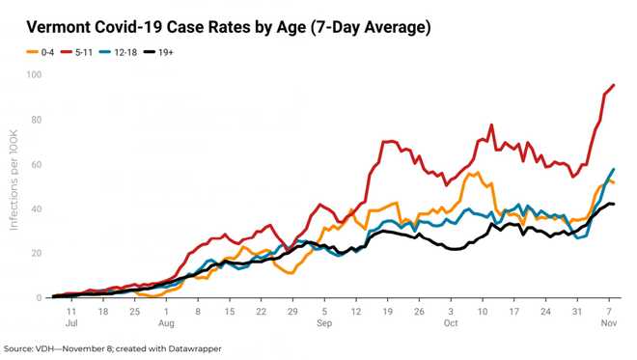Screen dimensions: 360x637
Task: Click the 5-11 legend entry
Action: [85, 51]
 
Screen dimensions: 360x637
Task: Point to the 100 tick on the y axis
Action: [33, 74]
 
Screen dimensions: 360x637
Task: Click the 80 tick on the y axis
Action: [35, 120]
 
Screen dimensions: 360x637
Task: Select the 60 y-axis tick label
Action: [35, 164]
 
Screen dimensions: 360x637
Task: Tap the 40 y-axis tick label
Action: [35, 208]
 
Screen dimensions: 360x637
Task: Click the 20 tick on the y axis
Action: [35, 253]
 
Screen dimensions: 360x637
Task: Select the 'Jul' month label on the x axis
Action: [72, 325]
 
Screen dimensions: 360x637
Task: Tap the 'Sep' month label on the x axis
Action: [324, 325]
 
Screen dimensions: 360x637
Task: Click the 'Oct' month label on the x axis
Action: [451, 325]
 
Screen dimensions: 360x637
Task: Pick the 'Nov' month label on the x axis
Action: [608, 325]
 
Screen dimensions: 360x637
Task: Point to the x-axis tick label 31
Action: [576, 313]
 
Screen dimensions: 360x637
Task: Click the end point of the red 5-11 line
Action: [614, 85]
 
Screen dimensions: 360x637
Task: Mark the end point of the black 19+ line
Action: [614, 204]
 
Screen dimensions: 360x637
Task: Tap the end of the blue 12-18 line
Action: [614, 170]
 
